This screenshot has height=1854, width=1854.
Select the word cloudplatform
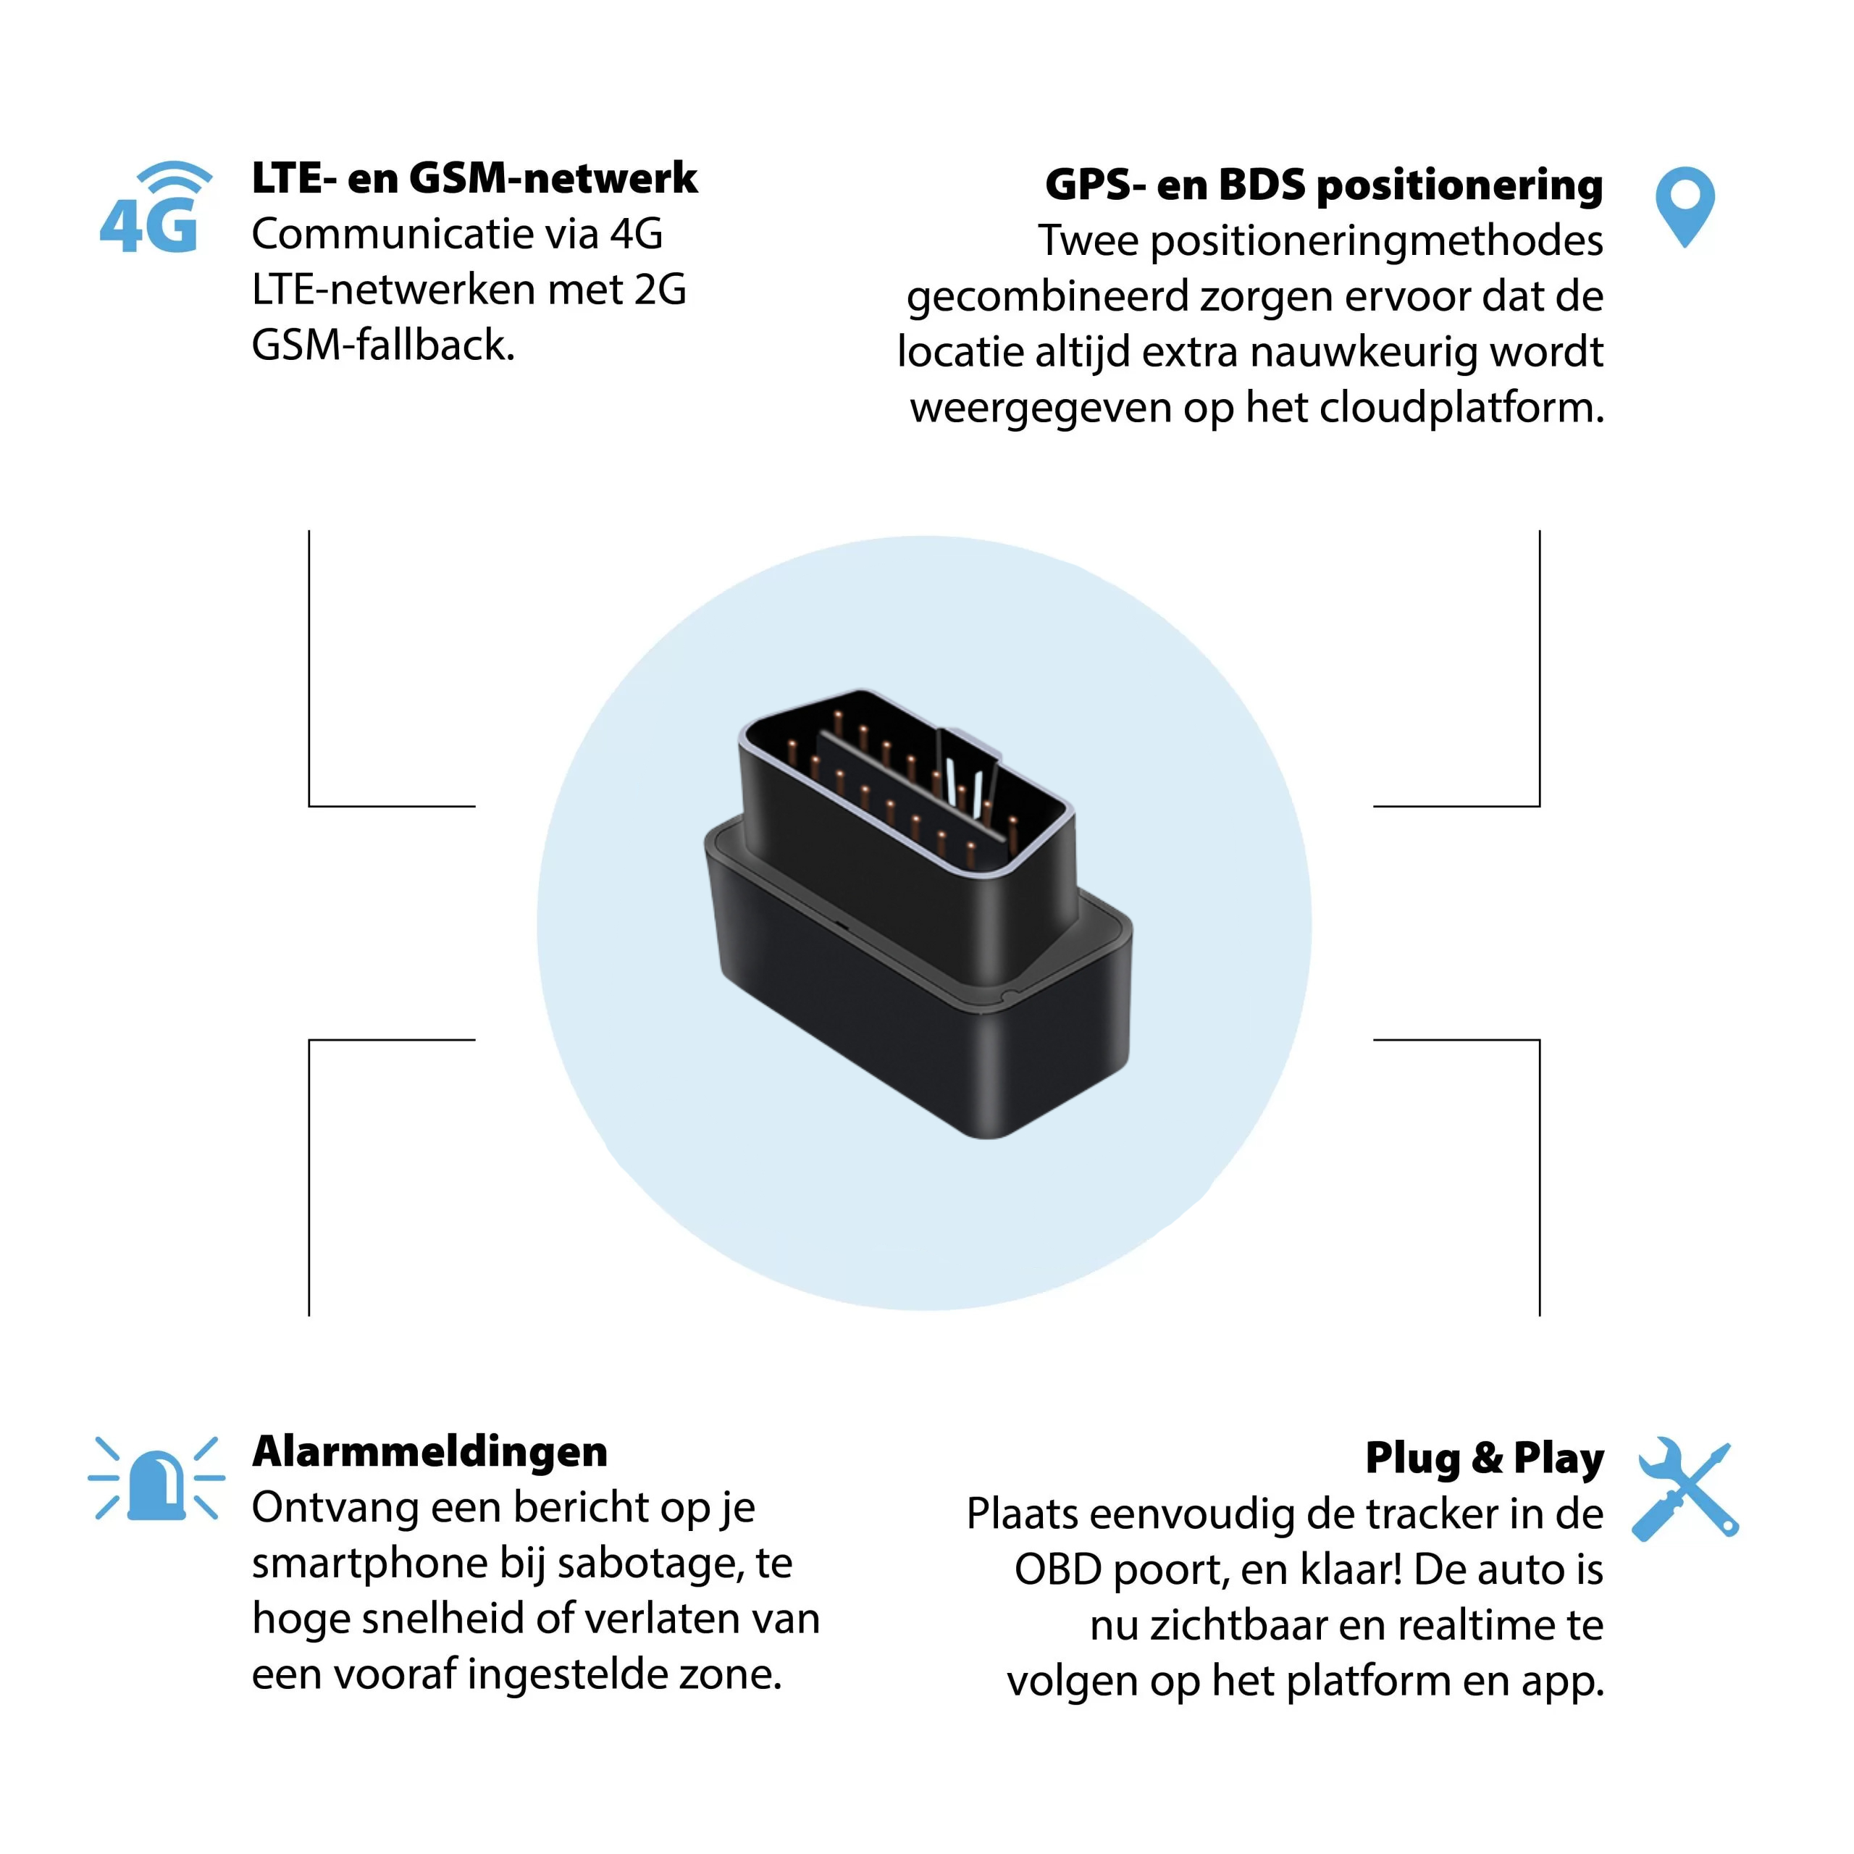pyautogui.click(x=1461, y=408)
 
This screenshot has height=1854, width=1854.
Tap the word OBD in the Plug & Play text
pyautogui.click(x=1057, y=1570)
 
